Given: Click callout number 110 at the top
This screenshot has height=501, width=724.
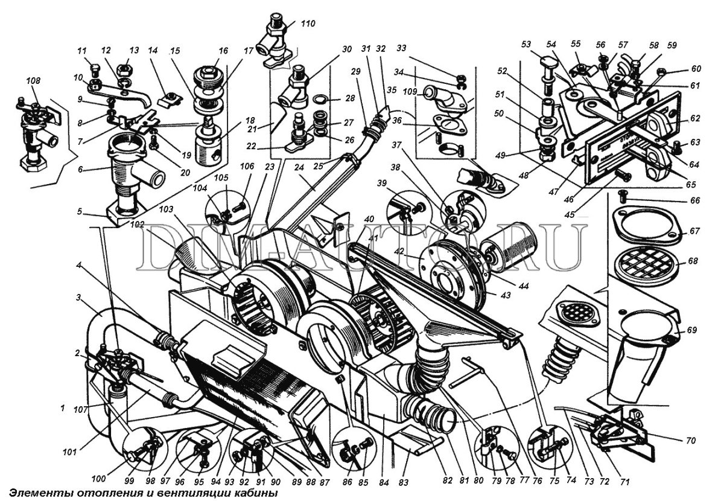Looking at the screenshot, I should tap(308, 24).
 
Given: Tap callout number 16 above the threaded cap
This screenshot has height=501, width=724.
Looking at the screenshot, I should tap(223, 51).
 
